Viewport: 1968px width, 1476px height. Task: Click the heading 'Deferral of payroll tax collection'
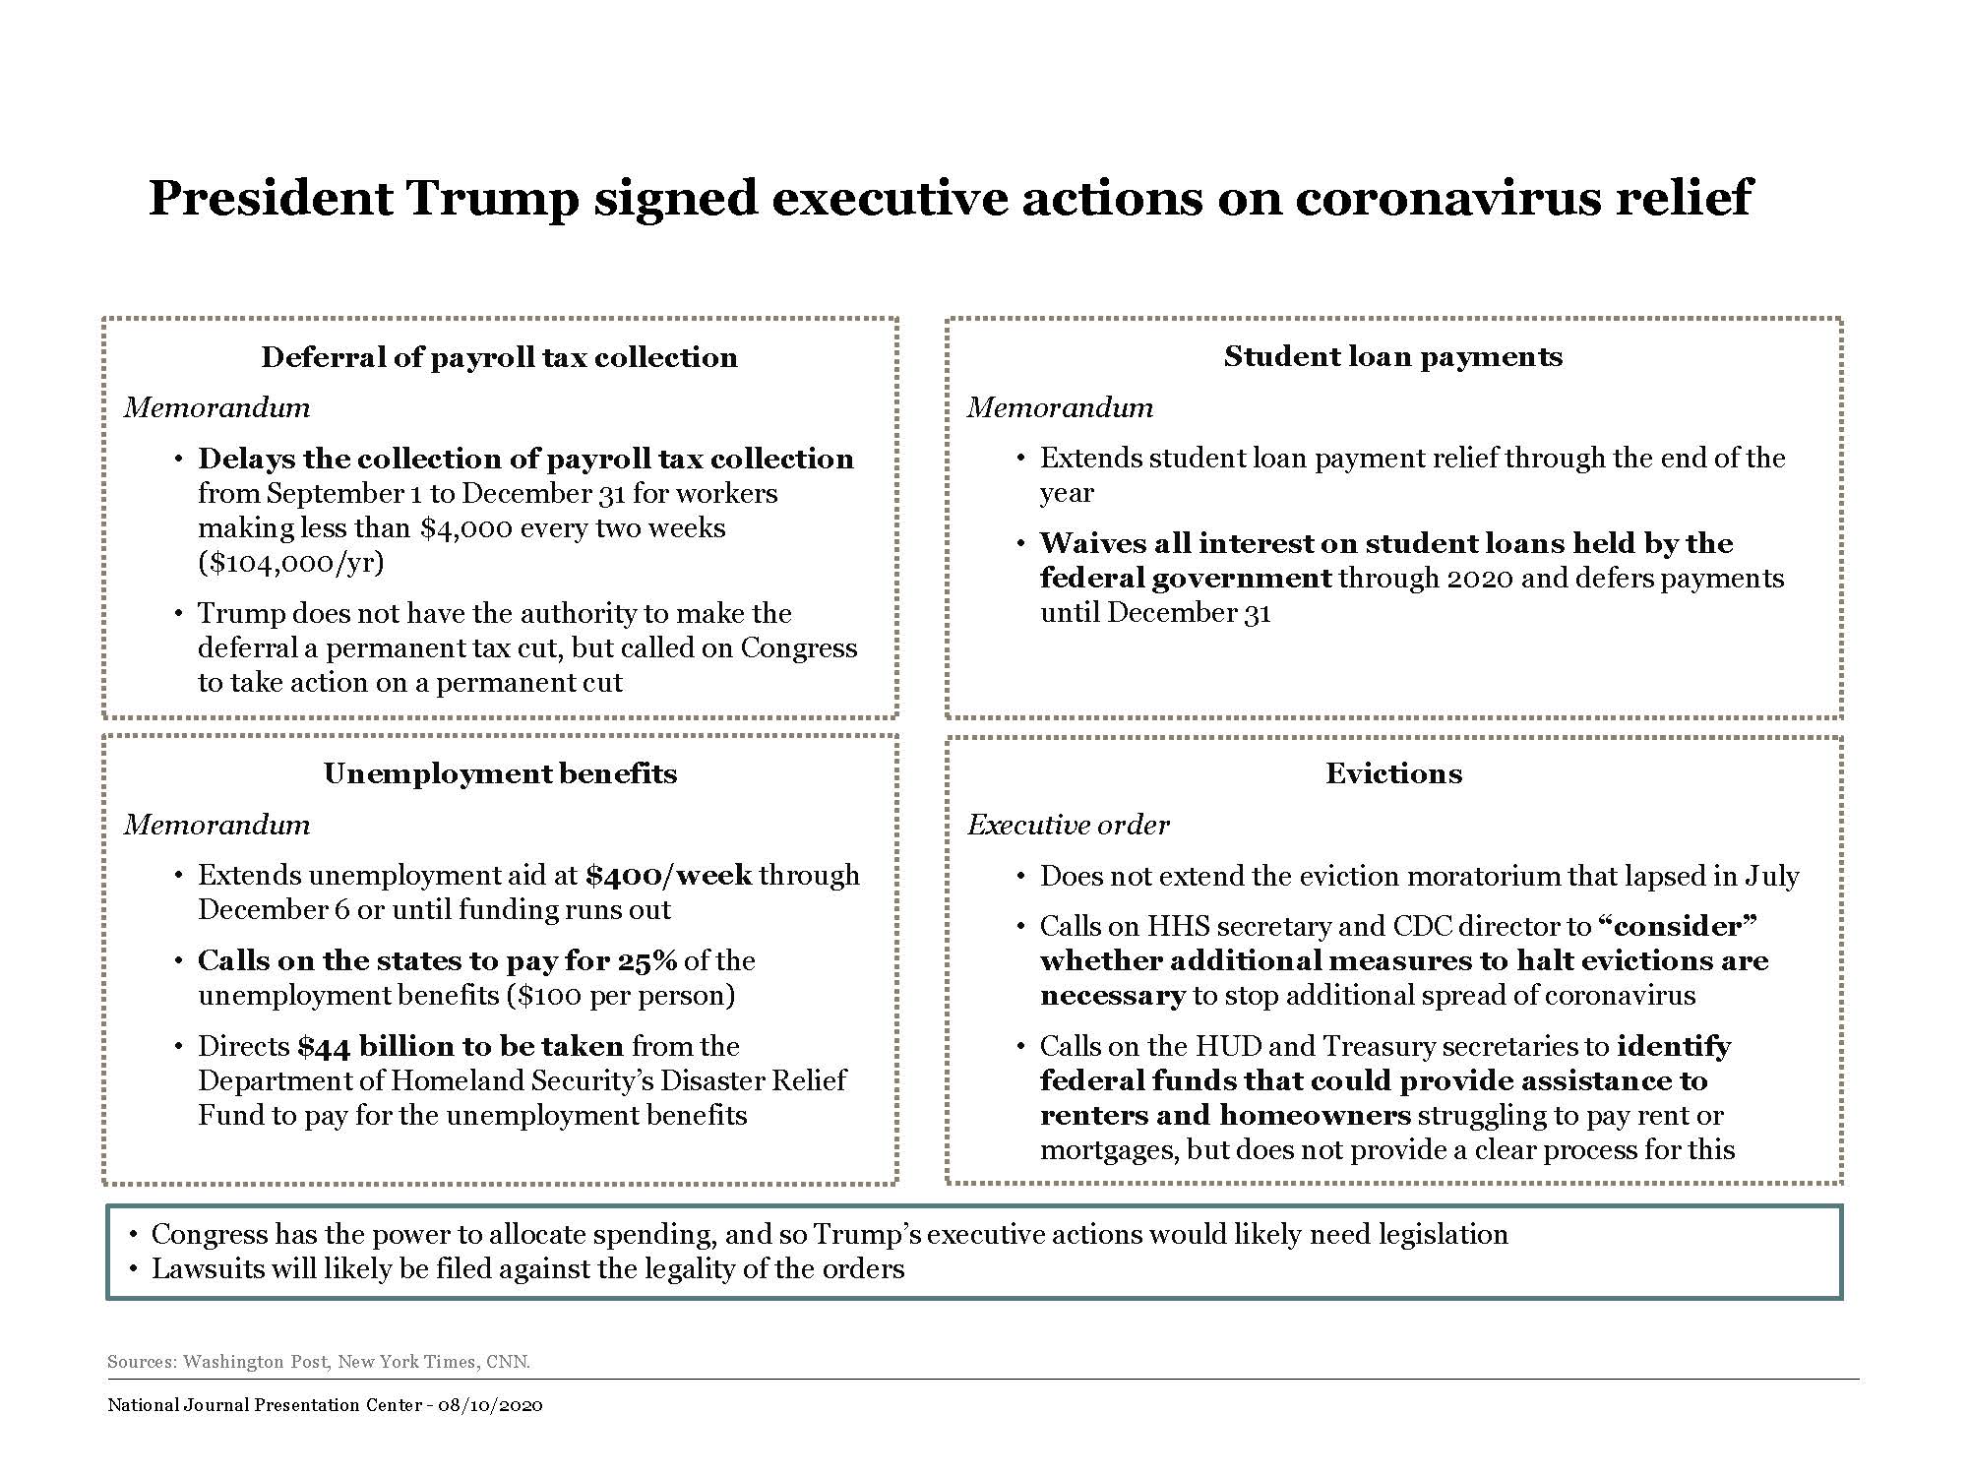coord(499,357)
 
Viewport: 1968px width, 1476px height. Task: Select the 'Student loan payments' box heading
coord(1392,356)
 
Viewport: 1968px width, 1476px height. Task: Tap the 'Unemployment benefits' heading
coord(500,773)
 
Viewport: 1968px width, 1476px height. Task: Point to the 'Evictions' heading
coord(1393,773)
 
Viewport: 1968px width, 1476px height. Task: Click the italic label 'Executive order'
coord(1068,825)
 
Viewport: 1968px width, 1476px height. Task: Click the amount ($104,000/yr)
coord(291,563)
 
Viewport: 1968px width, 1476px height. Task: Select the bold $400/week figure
coord(668,876)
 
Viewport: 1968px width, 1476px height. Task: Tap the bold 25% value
coord(646,961)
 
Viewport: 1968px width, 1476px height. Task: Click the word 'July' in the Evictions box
coord(1772,877)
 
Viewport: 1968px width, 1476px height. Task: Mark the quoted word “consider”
coord(1678,927)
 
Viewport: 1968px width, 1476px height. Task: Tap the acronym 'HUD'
coord(1226,1047)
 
